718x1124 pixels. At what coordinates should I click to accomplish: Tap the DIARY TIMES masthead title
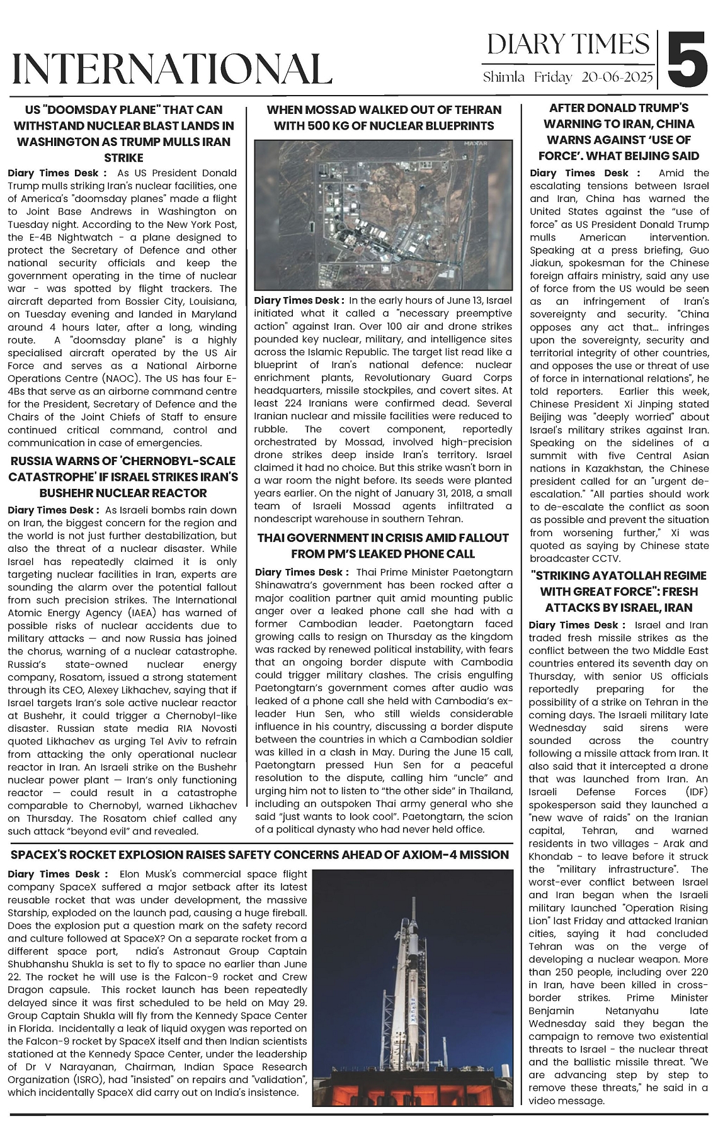(568, 45)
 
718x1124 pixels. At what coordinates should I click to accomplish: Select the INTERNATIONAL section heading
(172, 69)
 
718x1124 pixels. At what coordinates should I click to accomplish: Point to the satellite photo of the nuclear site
(383, 215)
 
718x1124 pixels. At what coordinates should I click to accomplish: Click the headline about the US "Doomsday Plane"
(123, 133)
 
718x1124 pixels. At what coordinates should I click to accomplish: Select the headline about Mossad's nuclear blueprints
(384, 118)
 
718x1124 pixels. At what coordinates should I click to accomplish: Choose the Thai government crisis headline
(383, 546)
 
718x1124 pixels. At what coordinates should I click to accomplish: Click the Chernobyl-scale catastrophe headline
(123, 477)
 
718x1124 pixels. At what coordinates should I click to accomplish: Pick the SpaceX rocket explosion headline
(259, 855)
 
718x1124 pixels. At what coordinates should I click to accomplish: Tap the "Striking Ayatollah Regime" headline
(619, 592)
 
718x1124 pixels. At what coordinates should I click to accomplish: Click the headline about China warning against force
(619, 132)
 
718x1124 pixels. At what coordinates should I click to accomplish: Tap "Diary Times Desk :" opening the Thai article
(302, 572)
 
